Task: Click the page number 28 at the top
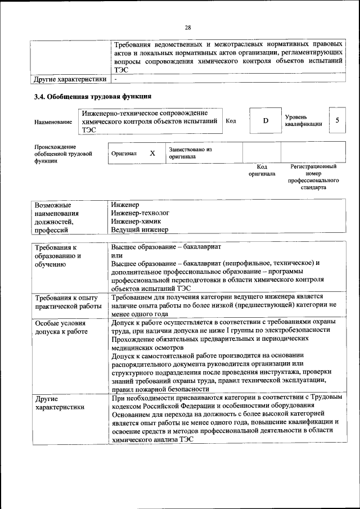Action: click(x=188, y=28)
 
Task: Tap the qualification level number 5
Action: click(x=337, y=120)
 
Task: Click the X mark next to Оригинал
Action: click(x=152, y=153)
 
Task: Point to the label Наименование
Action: click(x=53, y=121)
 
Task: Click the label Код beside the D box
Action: click(x=231, y=120)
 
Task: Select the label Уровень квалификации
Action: click(x=303, y=120)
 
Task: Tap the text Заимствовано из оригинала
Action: click(x=190, y=153)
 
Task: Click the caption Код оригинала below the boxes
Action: click(x=262, y=170)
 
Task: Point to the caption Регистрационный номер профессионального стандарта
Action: click(x=313, y=178)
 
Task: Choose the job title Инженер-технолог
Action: click(x=140, y=213)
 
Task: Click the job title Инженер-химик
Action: click(x=134, y=222)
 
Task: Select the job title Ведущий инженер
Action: click(x=139, y=230)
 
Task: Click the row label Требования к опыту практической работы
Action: click(x=67, y=301)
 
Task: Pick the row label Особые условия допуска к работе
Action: click(x=61, y=327)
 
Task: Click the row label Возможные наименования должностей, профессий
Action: click(x=56, y=217)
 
